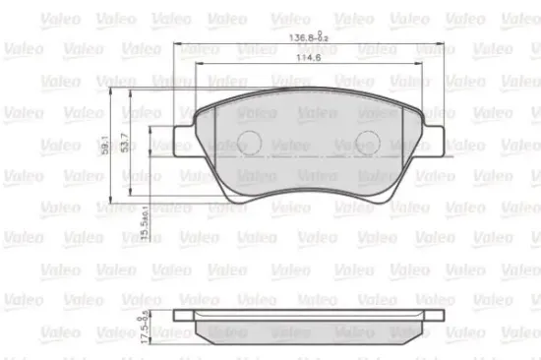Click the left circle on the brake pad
(251, 141)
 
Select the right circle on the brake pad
(369, 141)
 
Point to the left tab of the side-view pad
(183, 316)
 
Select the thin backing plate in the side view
(310, 321)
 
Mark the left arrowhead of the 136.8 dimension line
(178, 45)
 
